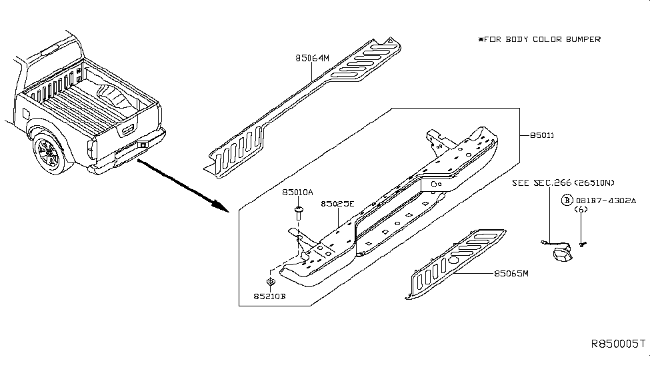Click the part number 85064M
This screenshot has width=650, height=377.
pyautogui.click(x=312, y=58)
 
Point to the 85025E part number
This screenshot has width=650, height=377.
pyautogui.click(x=338, y=204)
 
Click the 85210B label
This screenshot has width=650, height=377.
pyautogui.click(x=269, y=296)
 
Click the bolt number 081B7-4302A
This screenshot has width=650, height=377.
pyautogui.click(x=606, y=199)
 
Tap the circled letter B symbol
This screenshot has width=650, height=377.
pyautogui.click(x=567, y=199)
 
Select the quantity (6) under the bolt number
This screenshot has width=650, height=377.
pyautogui.click(x=581, y=209)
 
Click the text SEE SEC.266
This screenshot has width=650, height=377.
pyautogui.click(x=541, y=183)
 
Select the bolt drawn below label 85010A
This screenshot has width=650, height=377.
pyautogui.click(x=298, y=213)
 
